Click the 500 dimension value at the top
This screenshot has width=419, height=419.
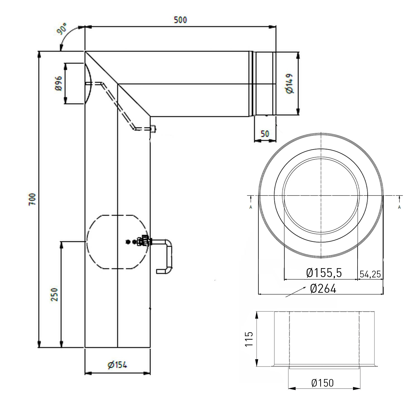coord(180,20)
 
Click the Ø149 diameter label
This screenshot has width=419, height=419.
coord(289,83)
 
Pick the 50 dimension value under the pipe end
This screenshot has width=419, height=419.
coord(265,134)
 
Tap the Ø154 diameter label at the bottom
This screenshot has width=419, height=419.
coord(117,365)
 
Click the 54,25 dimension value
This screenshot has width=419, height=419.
coord(370,274)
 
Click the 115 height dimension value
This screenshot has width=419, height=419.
coord(249,339)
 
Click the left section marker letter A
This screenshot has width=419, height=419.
coord(251,207)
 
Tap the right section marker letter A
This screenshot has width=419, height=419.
coord(399,207)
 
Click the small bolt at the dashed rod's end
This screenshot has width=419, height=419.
coord(153,129)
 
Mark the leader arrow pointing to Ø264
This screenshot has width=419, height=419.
coord(295,292)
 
